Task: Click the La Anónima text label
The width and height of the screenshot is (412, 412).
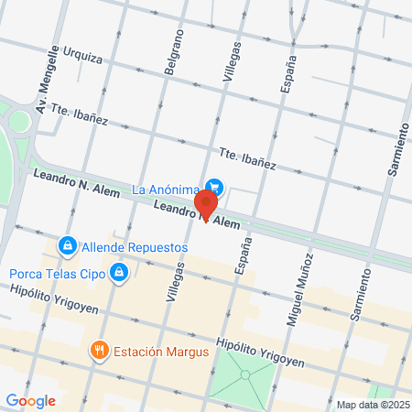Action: pos(166,190)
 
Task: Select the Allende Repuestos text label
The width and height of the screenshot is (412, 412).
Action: pos(135,247)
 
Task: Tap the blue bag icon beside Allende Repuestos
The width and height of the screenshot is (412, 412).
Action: pos(67,245)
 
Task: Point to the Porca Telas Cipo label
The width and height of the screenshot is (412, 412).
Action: pos(55,273)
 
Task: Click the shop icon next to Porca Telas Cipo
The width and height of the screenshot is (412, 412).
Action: pos(118,272)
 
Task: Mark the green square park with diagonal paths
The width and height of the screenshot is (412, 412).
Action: pos(242,378)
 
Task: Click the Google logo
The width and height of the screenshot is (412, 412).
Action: pos(31,400)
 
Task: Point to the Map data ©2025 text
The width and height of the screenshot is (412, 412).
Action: pos(373,404)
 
